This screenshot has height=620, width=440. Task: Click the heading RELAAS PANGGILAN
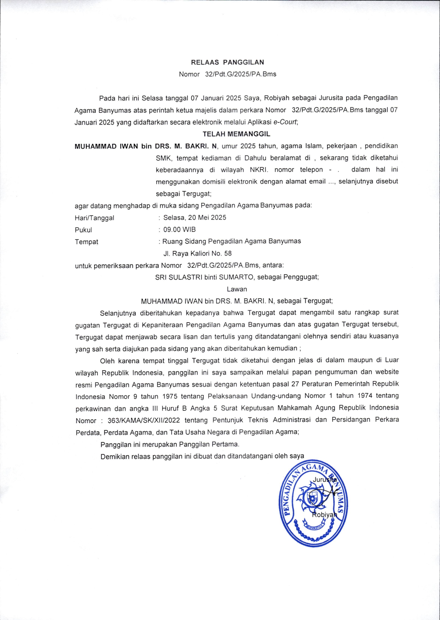[x=227, y=62]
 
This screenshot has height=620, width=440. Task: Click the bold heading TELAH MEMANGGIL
[x=236, y=134]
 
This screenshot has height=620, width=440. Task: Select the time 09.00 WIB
[x=179, y=230]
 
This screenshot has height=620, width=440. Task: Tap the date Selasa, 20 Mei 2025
[x=195, y=218]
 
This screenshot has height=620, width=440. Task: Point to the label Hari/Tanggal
[x=94, y=218]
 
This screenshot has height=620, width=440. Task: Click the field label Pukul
[x=83, y=230]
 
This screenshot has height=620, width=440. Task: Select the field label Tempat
[x=87, y=242]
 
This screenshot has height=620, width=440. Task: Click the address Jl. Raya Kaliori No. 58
[x=197, y=254]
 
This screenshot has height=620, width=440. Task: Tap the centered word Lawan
[x=237, y=289]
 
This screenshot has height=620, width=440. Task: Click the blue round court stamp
[x=313, y=506]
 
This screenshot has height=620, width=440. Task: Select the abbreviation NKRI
[x=259, y=170]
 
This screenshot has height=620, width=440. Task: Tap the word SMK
[x=163, y=158]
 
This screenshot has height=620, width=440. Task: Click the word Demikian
[x=115, y=457]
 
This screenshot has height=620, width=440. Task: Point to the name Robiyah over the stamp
[x=325, y=515]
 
